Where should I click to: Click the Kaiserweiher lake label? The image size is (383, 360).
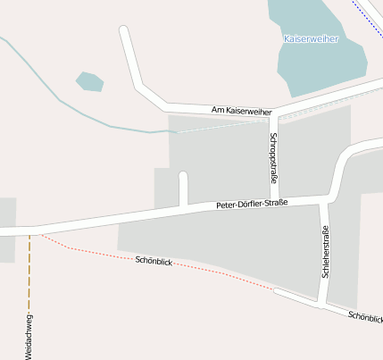(x=311, y=38)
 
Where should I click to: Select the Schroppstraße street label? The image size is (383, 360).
(x=272, y=158)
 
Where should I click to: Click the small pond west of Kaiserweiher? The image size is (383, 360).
(x=89, y=82)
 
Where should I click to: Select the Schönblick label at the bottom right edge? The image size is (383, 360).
(x=365, y=316)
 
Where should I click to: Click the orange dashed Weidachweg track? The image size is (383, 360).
(x=29, y=277)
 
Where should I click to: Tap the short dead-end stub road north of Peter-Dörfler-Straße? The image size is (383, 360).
(x=184, y=187)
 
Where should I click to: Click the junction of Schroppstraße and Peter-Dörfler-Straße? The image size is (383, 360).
(x=275, y=200)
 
